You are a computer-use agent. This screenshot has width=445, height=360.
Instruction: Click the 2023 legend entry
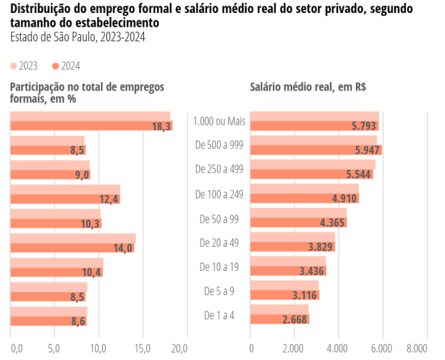click(x=24, y=66)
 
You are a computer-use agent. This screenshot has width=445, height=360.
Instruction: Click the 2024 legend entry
click(x=66, y=66)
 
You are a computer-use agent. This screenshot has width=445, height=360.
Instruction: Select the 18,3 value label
click(x=161, y=126)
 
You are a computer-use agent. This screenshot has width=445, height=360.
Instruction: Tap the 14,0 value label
click(x=123, y=248)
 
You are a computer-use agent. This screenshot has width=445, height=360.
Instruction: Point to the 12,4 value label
click(x=109, y=200)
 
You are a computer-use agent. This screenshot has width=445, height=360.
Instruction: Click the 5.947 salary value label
click(x=368, y=150)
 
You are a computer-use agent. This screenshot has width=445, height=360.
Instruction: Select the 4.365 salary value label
click(x=333, y=223)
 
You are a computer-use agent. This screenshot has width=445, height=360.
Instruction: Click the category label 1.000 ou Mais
click(x=219, y=121)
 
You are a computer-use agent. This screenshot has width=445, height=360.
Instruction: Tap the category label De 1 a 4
click(x=219, y=315)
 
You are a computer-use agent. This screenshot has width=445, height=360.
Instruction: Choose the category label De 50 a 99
click(x=219, y=219)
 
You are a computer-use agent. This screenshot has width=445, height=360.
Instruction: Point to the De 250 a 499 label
click(x=219, y=169)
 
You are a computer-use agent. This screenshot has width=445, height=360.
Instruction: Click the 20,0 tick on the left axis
click(x=179, y=348)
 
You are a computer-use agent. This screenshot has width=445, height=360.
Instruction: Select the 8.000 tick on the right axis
click(x=426, y=348)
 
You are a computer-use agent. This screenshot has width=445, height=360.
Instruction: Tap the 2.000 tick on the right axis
click(x=294, y=348)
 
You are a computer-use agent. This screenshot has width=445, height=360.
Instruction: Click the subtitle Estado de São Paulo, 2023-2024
click(x=77, y=36)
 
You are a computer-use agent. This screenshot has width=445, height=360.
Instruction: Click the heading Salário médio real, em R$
click(x=307, y=87)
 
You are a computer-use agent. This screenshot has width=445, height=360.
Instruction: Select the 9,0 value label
click(x=82, y=175)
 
